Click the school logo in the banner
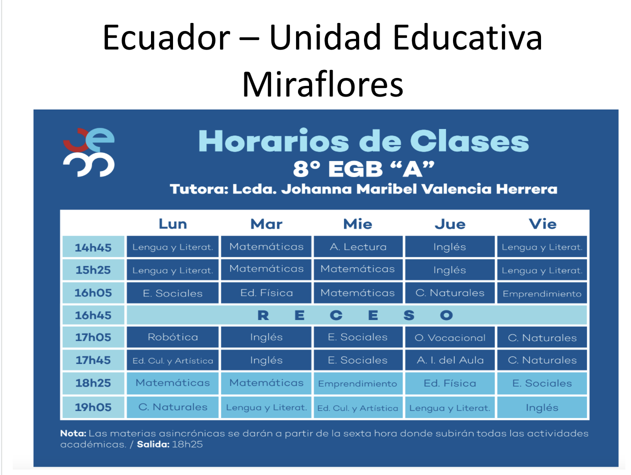click(x=88, y=152)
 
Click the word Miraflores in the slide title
click(x=322, y=84)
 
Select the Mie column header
click(x=357, y=224)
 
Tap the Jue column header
click(x=450, y=224)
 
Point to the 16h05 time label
click(x=93, y=293)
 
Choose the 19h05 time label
click(x=93, y=407)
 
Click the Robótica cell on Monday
click(x=173, y=337)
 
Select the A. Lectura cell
click(x=358, y=246)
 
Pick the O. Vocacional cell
click(x=450, y=337)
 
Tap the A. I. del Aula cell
click(x=450, y=360)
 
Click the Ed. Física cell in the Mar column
click(x=266, y=293)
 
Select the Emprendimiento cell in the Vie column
click(x=542, y=293)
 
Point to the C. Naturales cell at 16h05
click(x=450, y=293)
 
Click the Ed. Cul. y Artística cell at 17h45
click(x=173, y=360)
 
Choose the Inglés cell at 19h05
click(x=542, y=407)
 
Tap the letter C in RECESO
click(x=336, y=315)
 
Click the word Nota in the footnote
click(x=73, y=433)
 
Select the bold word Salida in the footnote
click(x=153, y=444)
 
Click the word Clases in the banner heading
click(x=469, y=141)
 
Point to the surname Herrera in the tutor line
click(x=526, y=189)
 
